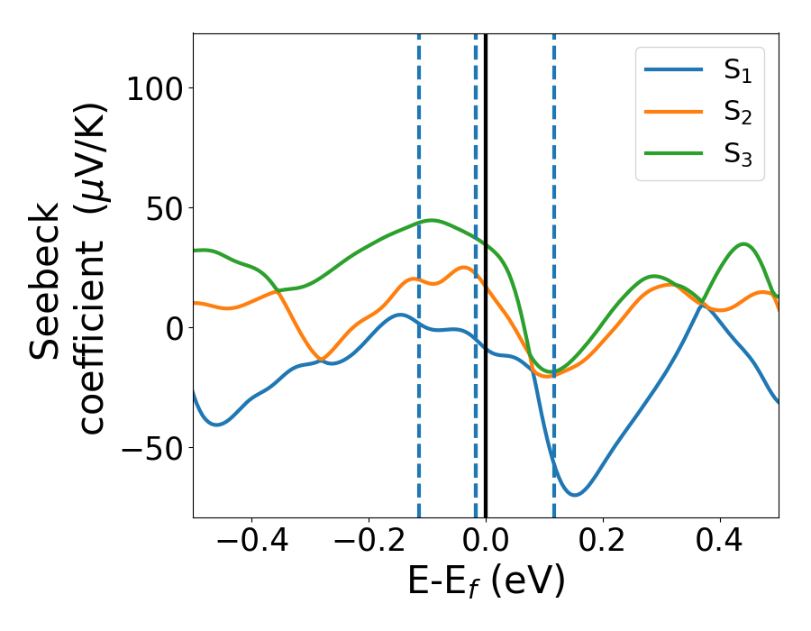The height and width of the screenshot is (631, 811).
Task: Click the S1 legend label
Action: pos(737,71)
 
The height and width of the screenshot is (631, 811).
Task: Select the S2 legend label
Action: pos(737,113)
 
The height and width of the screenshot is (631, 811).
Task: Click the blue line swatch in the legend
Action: pos(674,69)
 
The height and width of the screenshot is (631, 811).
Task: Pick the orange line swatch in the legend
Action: pos(674,111)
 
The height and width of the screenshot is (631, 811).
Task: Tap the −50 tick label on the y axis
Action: pos(154,448)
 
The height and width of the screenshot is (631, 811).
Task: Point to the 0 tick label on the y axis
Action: pos(175,328)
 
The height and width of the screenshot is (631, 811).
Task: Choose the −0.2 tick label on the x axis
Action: pos(368,544)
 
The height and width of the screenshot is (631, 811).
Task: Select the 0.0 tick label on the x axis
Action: pos(486,544)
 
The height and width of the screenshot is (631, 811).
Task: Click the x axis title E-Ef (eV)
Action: pos(486,581)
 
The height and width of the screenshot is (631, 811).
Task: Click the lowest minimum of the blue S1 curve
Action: pos(574,495)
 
